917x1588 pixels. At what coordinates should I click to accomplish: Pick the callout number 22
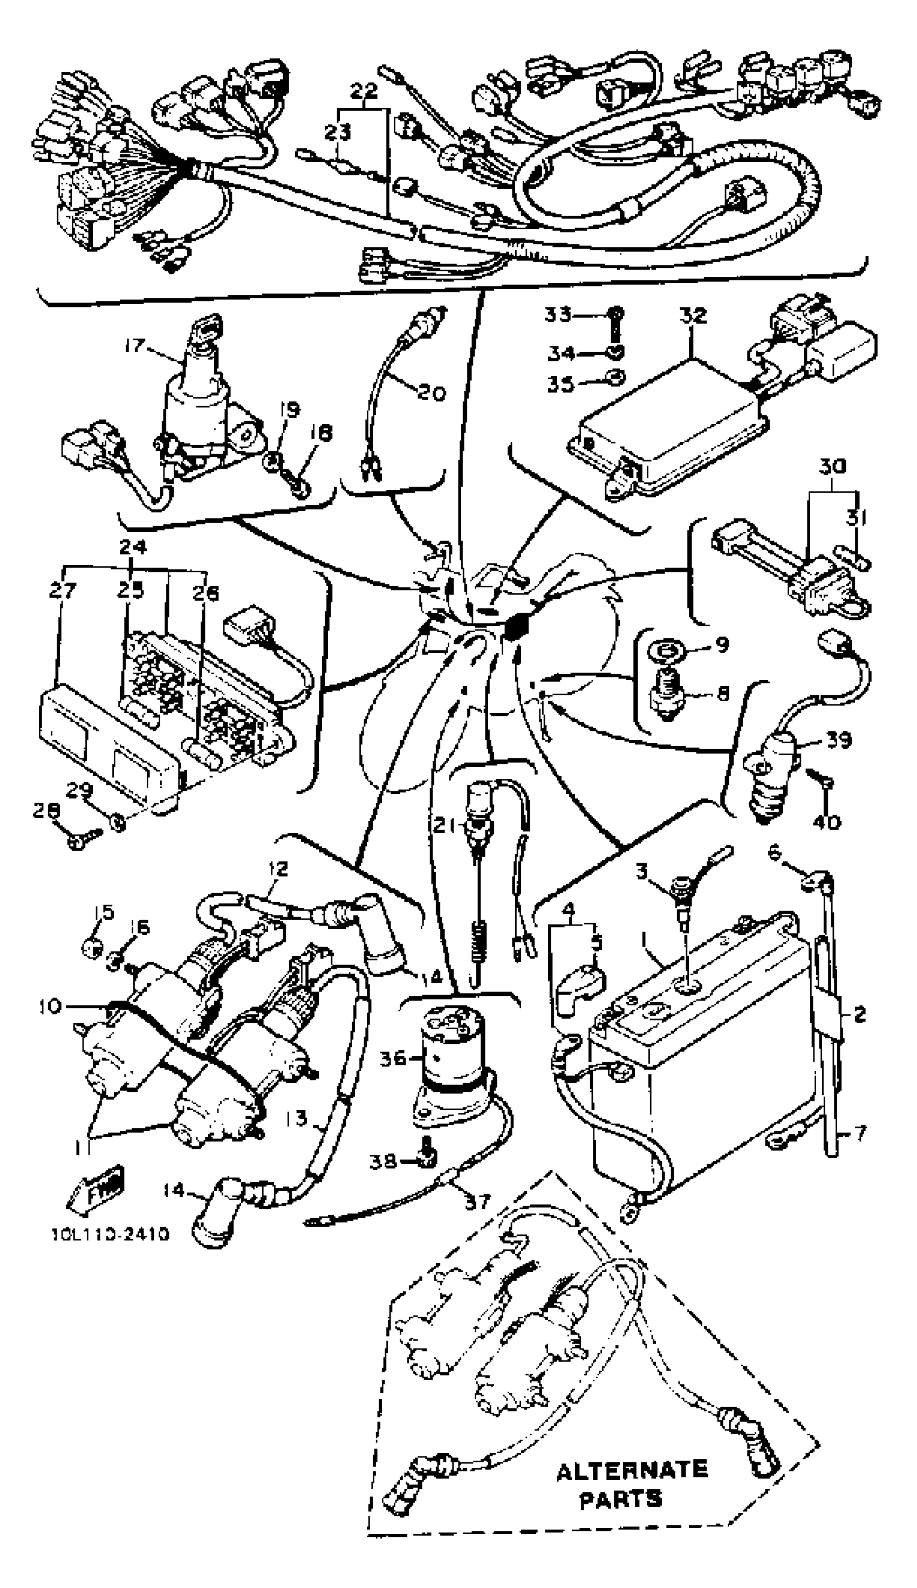pos(364,91)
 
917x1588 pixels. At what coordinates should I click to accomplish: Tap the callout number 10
pos(50,1006)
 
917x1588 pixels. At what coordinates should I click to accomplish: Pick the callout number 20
pos(432,392)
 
